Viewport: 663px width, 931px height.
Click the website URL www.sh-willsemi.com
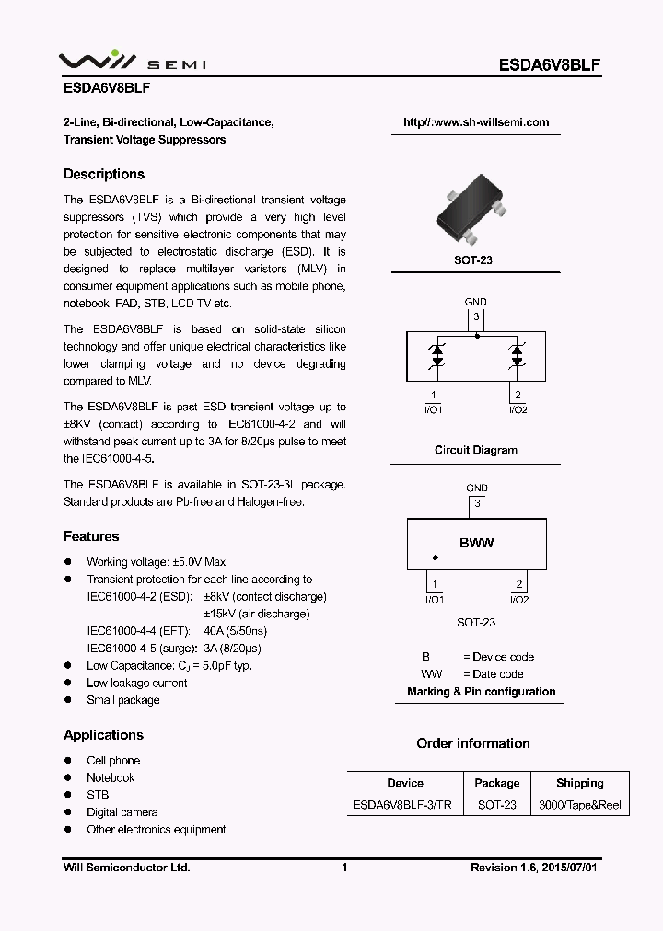coord(476,122)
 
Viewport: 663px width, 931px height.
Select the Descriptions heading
coord(104,174)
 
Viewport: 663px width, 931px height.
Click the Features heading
coord(91,536)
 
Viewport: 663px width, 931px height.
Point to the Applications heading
coord(103,735)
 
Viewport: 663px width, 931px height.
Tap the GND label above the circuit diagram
coord(476,302)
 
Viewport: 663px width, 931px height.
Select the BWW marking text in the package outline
coord(476,543)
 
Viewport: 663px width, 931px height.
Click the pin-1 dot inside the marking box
coord(436,558)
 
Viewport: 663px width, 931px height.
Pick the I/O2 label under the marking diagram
coord(519,601)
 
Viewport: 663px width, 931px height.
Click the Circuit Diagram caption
coord(476,450)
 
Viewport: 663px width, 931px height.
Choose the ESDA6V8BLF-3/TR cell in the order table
coord(402,805)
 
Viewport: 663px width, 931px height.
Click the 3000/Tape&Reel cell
coord(579,805)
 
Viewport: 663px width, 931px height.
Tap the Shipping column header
coord(579,783)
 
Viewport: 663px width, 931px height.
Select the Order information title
coord(473,743)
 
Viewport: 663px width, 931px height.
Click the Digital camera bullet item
coord(122,812)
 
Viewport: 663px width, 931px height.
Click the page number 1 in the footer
coord(343,868)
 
